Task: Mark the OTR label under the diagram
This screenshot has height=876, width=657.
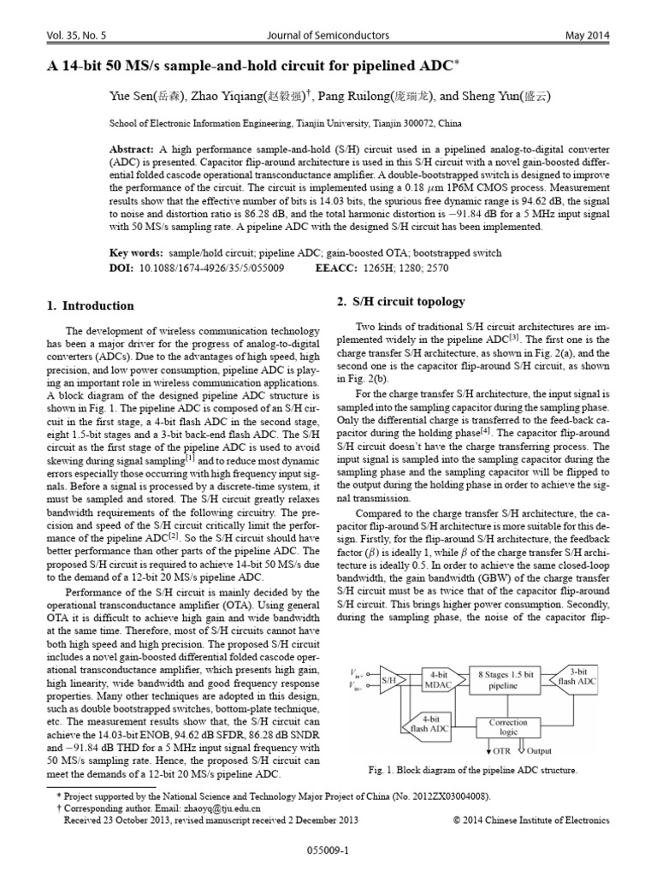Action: tap(501, 750)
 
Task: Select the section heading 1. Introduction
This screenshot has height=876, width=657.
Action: tap(89, 305)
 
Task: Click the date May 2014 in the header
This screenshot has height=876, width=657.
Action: tap(586, 35)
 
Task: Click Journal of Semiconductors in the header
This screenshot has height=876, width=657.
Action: tap(329, 35)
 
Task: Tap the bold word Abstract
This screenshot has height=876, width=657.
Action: tap(135, 147)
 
